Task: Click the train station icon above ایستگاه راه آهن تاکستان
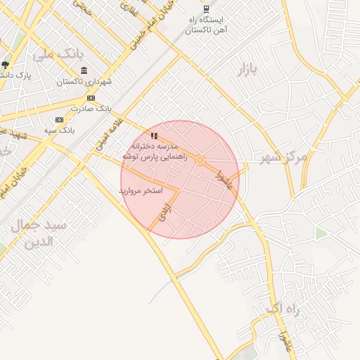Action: click(x=206, y=9)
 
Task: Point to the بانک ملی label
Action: click(x=54, y=53)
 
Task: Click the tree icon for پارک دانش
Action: click(x=5, y=64)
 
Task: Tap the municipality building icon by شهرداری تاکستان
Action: click(x=84, y=70)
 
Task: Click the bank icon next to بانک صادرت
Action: click(x=91, y=98)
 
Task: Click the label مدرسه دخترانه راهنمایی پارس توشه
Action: click(x=155, y=150)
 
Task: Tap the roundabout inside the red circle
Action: click(x=200, y=160)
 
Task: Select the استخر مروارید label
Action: click(x=141, y=191)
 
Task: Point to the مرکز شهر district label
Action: click(x=283, y=156)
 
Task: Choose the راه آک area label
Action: click(x=284, y=309)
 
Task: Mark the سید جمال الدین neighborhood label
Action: click(x=38, y=234)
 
